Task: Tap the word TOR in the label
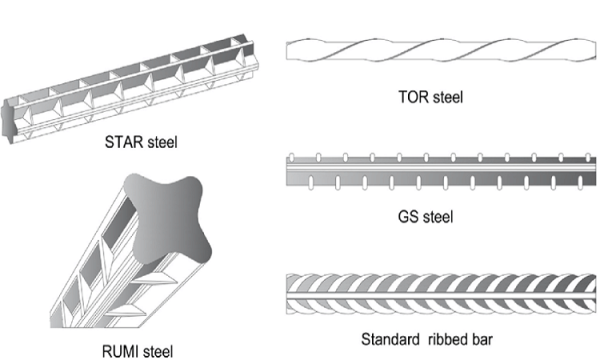[413, 97]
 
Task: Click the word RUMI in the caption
[119, 351]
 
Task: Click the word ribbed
[447, 339]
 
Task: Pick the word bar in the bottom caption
[481, 339]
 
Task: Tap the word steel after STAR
[163, 142]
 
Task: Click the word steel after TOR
[448, 97]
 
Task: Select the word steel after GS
[438, 217]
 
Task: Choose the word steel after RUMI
[157, 351]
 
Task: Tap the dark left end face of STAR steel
[8, 121]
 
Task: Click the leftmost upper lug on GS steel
[292, 158]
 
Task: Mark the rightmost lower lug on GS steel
[580, 182]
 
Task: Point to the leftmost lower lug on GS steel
[311, 182]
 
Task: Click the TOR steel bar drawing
[441, 50]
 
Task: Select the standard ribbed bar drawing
[441, 294]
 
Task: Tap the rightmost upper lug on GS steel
[588, 158]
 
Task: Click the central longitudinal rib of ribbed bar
[441, 295]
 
